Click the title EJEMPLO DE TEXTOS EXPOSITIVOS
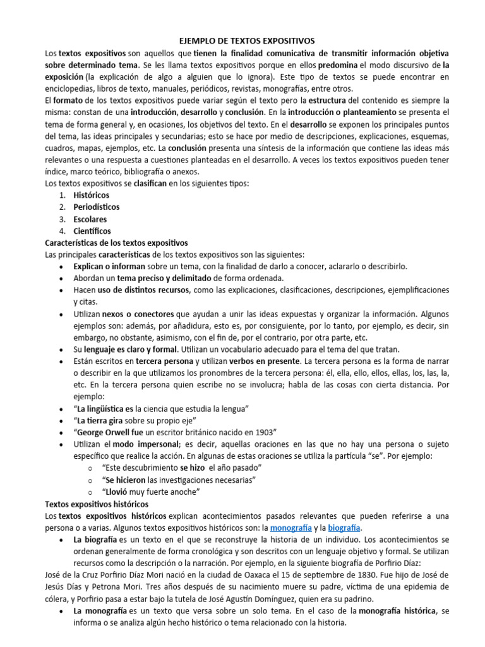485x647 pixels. [242, 40]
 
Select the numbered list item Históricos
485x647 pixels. [92, 195]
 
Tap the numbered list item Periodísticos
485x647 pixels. [97, 207]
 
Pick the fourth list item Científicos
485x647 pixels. [92, 231]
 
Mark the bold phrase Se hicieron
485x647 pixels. [128, 480]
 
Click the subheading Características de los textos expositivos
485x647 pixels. [117, 243]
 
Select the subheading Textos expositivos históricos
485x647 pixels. [97, 504]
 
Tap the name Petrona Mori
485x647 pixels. [97, 588]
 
